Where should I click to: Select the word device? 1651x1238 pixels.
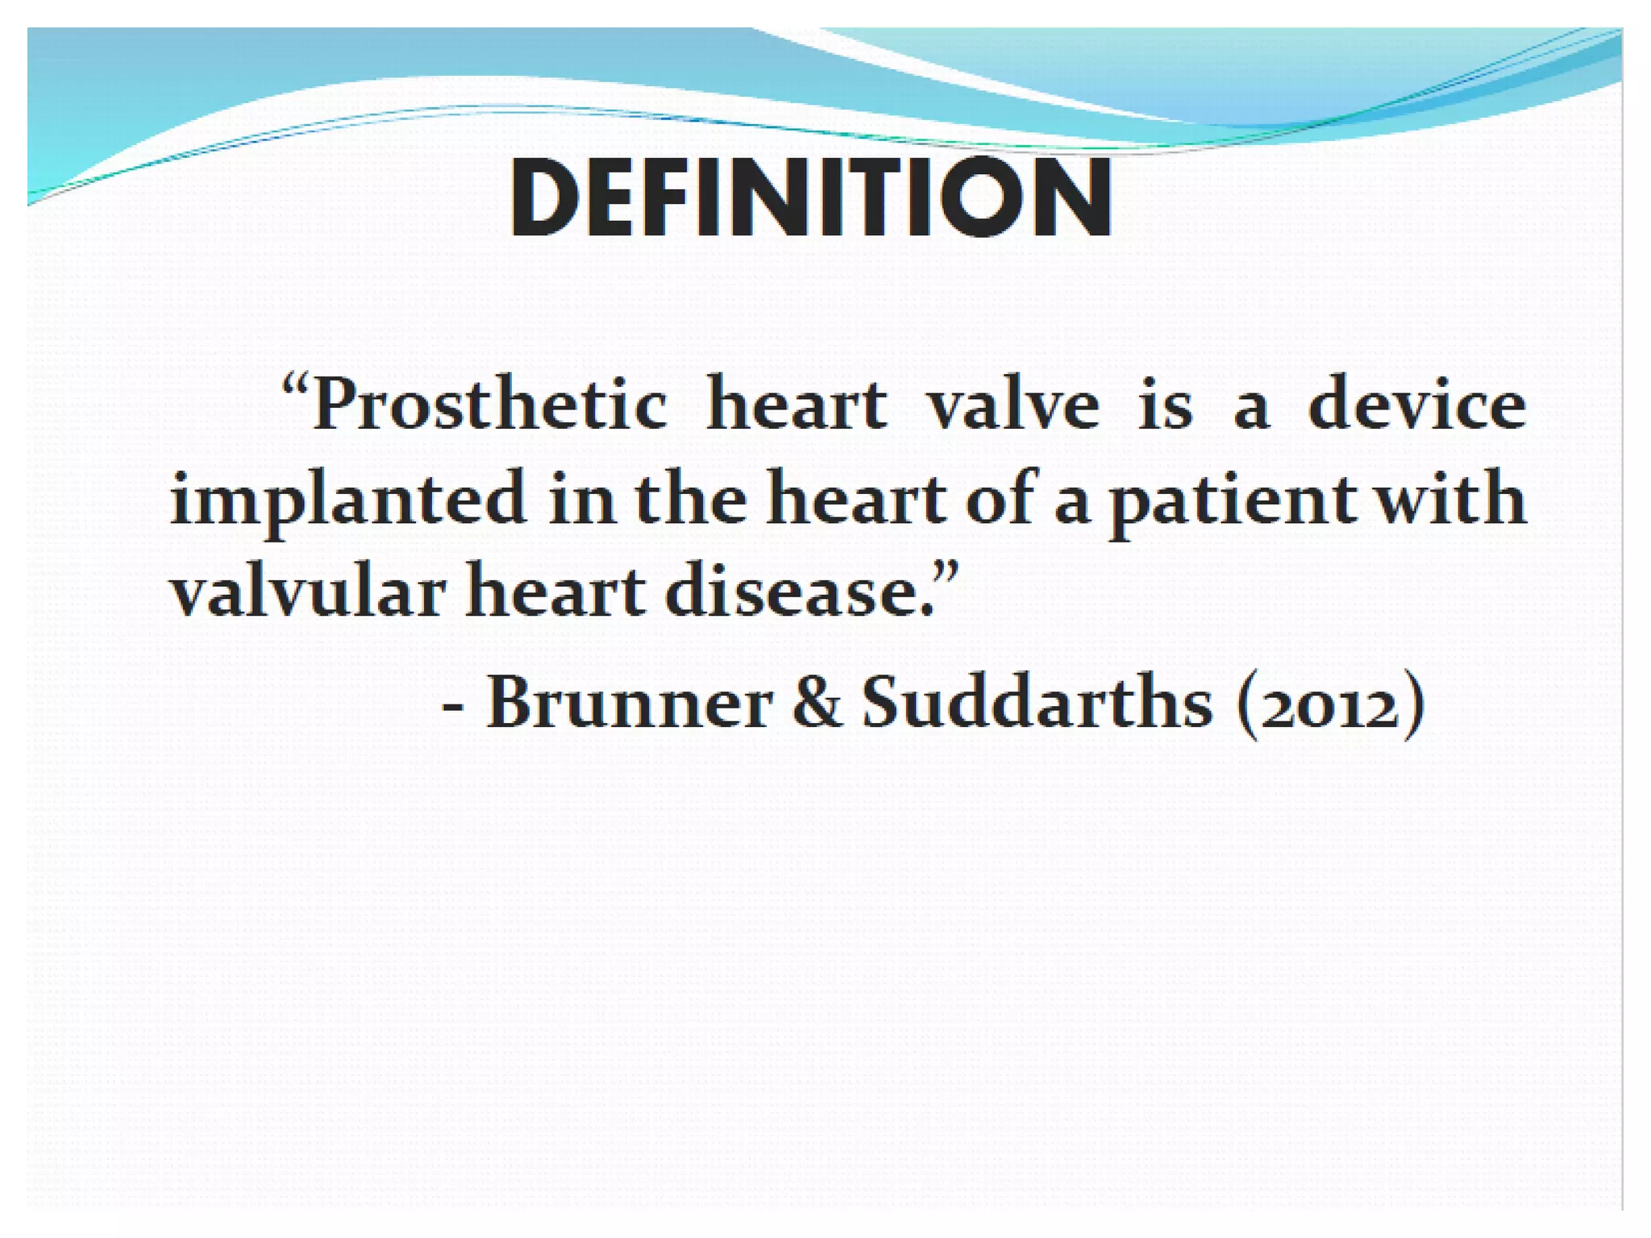tap(1416, 405)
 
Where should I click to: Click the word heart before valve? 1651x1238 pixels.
tap(796, 405)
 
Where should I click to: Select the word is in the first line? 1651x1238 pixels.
tap(1164, 405)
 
